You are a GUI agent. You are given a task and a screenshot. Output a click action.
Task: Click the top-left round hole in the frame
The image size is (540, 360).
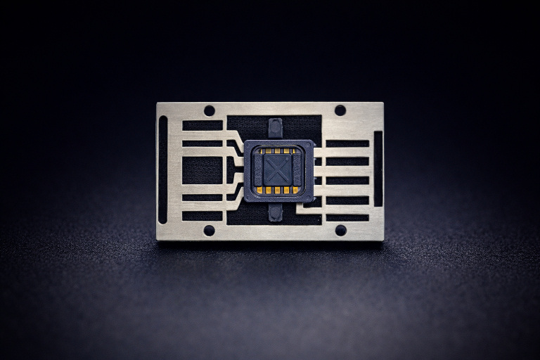209,110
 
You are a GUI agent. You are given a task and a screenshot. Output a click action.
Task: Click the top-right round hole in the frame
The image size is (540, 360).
340,110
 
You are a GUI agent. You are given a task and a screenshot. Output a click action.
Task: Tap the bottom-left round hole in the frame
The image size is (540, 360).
209,230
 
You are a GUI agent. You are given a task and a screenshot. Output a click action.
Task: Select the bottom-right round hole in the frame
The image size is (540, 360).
340,230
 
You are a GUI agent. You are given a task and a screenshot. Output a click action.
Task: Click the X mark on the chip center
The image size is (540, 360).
278,169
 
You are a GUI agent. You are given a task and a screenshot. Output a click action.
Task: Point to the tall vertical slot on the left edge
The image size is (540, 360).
163,169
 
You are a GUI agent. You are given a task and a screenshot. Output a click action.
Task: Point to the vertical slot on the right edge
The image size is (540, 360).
378,169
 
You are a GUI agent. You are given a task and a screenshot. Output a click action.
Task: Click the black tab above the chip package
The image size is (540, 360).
276,129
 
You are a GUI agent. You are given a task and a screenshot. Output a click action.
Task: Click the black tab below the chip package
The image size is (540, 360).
276,212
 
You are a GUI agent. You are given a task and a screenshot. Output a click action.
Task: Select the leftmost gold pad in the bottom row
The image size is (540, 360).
260,190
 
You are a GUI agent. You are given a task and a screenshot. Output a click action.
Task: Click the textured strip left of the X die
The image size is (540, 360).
258,169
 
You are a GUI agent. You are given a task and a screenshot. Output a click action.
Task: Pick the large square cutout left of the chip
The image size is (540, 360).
202,169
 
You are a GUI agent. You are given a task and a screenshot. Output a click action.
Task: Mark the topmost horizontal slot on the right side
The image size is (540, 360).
347,143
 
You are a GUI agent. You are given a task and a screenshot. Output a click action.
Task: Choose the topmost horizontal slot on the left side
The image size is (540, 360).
202,125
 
